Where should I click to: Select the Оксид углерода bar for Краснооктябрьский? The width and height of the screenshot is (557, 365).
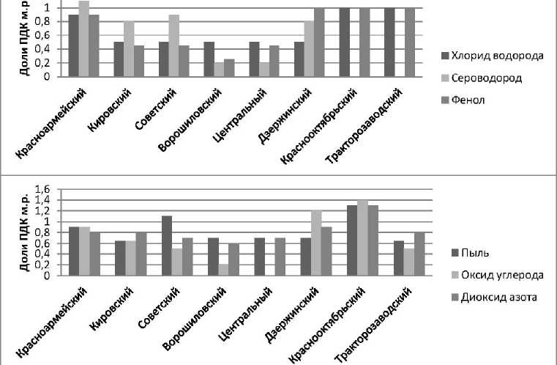[x=362, y=237]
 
